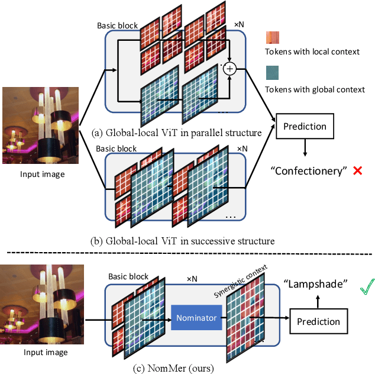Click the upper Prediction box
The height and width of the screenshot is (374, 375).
coord(304,127)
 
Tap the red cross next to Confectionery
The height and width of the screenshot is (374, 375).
coord(357,170)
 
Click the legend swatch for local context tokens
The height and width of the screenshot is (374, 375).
coord(273,37)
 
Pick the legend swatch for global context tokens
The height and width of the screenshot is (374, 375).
coord(273,73)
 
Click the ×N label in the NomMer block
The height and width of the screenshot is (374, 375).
coord(193,278)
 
